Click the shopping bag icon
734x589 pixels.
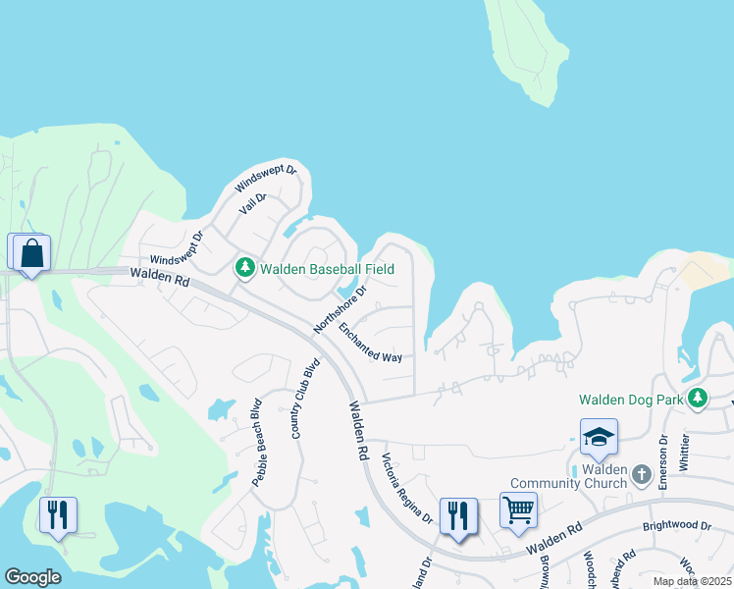[x=31, y=253]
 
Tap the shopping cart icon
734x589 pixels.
[x=518, y=510]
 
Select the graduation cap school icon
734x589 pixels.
[x=599, y=438]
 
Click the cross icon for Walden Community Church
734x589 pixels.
[x=642, y=475]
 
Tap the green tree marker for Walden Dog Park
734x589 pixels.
[x=697, y=399]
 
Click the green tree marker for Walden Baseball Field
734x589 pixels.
[x=243, y=267]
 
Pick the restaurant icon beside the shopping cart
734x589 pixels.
[x=458, y=515]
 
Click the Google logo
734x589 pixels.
[x=32, y=577]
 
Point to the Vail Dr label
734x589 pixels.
[x=253, y=203]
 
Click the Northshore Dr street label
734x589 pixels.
[x=340, y=308]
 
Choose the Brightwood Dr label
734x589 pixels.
[x=676, y=526]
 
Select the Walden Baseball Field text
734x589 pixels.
[x=327, y=268]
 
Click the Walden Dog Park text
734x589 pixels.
[x=628, y=400]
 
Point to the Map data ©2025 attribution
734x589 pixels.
[x=693, y=581]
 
